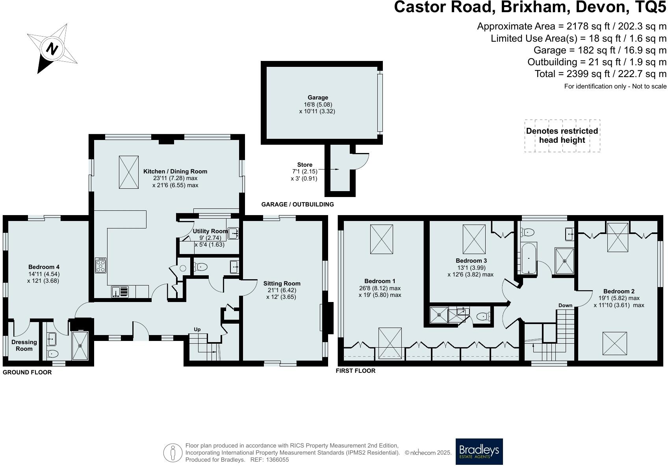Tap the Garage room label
pyautogui.click(x=318, y=98)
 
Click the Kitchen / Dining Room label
pyautogui.click(x=175, y=171)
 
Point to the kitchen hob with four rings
pyautogui.click(x=101, y=265)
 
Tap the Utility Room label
pyautogui.click(x=210, y=231)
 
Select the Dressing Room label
pyautogui.click(x=24, y=345)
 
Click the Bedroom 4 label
pyautogui.click(x=44, y=267)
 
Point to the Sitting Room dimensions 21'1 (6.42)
pyautogui.click(x=282, y=290)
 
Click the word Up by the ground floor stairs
pyautogui.click(x=197, y=329)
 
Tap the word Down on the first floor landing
pyautogui.click(x=565, y=306)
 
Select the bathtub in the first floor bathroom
pyautogui.click(x=528, y=258)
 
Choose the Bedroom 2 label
pyautogui.click(x=619, y=291)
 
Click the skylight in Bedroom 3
pyautogui.click(x=474, y=239)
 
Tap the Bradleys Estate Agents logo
pyautogui.click(x=479, y=451)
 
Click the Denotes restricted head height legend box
pyautogui.click(x=562, y=136)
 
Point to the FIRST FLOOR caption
pyautogui.click(x=355, y=371)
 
